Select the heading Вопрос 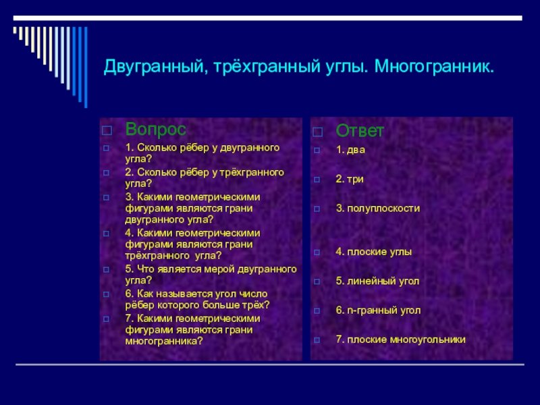coord(156,128)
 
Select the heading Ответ coord(360,130)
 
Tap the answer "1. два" coord(350,150)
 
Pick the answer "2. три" coord(350,179)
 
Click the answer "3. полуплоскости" coord(378,209)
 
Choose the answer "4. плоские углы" coord(374,252)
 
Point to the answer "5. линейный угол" coord(377,281)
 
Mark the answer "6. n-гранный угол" coord(378,310)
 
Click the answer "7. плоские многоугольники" coord(401,340)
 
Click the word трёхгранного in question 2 coord(256,173)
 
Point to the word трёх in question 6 coord(256,305)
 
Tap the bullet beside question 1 coord(105,147)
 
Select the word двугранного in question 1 coord(250,147)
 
